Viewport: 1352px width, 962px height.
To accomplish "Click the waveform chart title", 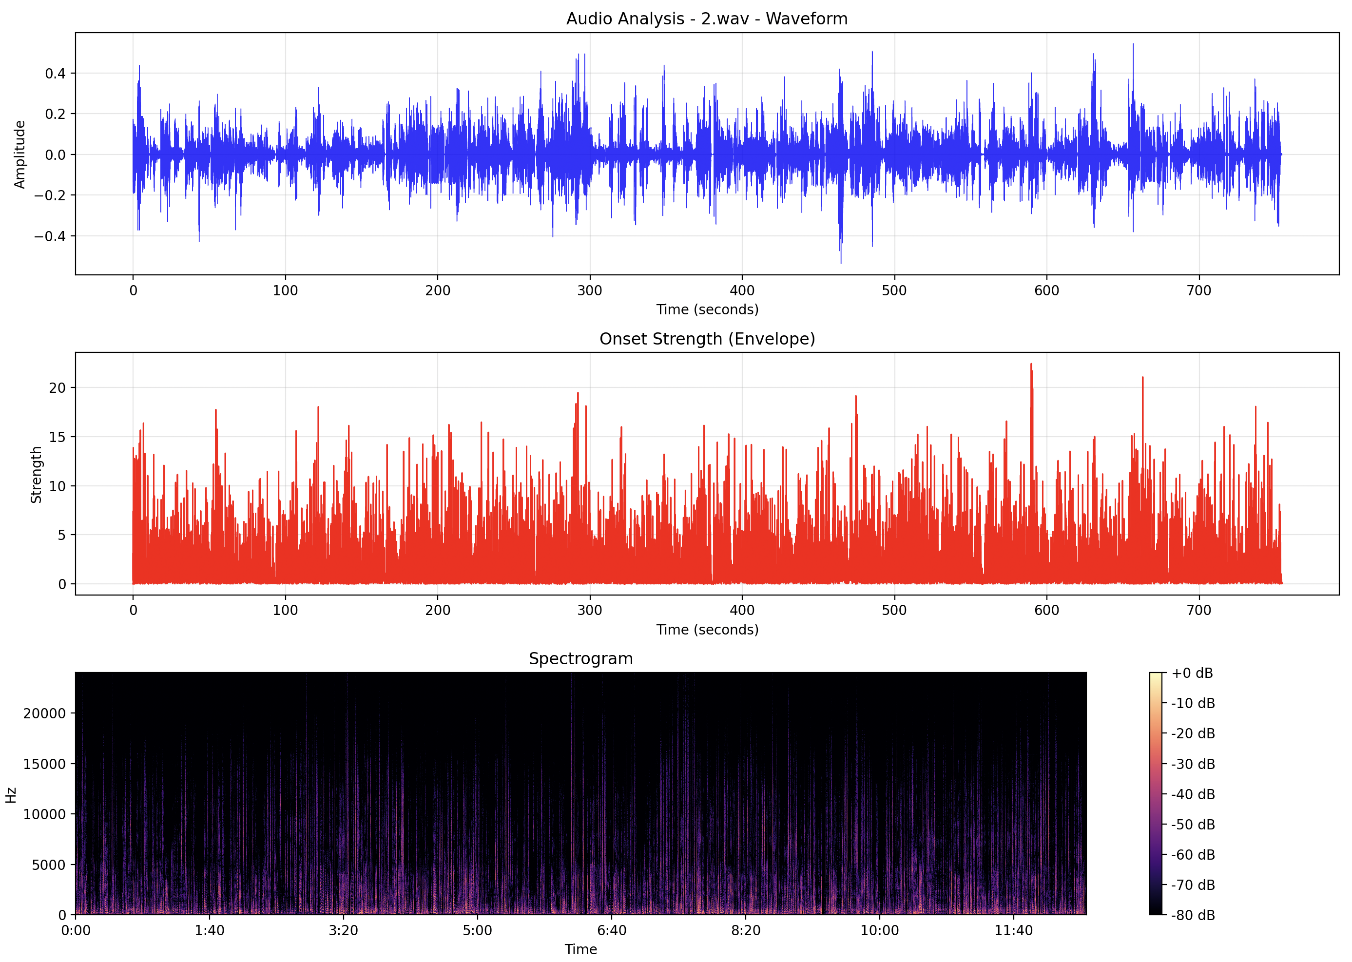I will pos(706,19).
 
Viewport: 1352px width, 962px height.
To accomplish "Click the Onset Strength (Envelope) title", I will pos(707,339).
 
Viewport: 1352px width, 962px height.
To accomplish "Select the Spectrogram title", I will pos(580,659).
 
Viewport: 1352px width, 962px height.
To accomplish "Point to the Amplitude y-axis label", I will pos(20,154).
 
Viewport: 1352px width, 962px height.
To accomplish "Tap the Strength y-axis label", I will pos(36,475).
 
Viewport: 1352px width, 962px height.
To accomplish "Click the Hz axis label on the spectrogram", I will pos(11,795).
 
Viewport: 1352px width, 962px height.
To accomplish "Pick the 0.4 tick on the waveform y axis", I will pos(55,74).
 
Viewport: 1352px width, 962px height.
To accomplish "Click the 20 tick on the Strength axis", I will pos(58,388).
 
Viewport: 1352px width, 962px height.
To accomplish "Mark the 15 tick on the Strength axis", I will pos(58,437).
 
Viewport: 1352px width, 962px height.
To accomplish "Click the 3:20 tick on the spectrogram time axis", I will pos(344,931).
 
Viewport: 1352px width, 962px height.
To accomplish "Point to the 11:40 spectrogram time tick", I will pos(1013,931).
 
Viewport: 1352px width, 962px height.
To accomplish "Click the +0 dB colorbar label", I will pos(1192,673).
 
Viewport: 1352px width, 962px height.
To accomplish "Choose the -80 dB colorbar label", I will pos(1193,915).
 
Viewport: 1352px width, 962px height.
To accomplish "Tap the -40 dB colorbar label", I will pos(1193,794).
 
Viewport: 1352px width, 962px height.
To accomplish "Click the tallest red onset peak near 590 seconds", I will pos(1031,365).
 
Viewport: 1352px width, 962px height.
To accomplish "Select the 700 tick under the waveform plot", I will pos(1198,291).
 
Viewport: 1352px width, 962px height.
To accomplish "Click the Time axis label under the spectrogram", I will pos(580,949).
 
